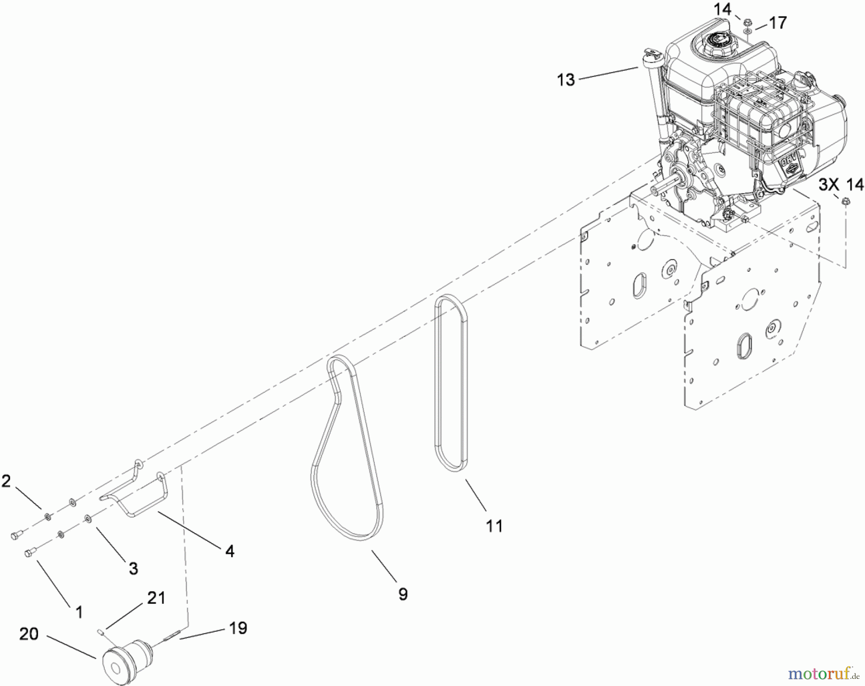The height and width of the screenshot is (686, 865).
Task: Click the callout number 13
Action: pos(566,80)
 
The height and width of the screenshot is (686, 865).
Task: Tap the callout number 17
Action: pos(778,23)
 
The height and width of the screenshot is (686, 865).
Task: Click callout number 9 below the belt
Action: pos(403,594)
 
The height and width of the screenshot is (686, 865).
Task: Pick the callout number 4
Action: pos(230,551)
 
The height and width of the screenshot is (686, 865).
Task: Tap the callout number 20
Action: pos(29,634)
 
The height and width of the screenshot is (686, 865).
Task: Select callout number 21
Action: pos(156,598)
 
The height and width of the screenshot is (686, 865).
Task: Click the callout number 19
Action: pos(238,628)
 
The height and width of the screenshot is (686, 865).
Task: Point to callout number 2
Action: pos(6,481)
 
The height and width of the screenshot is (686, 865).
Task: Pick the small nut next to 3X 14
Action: pos(846,201)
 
